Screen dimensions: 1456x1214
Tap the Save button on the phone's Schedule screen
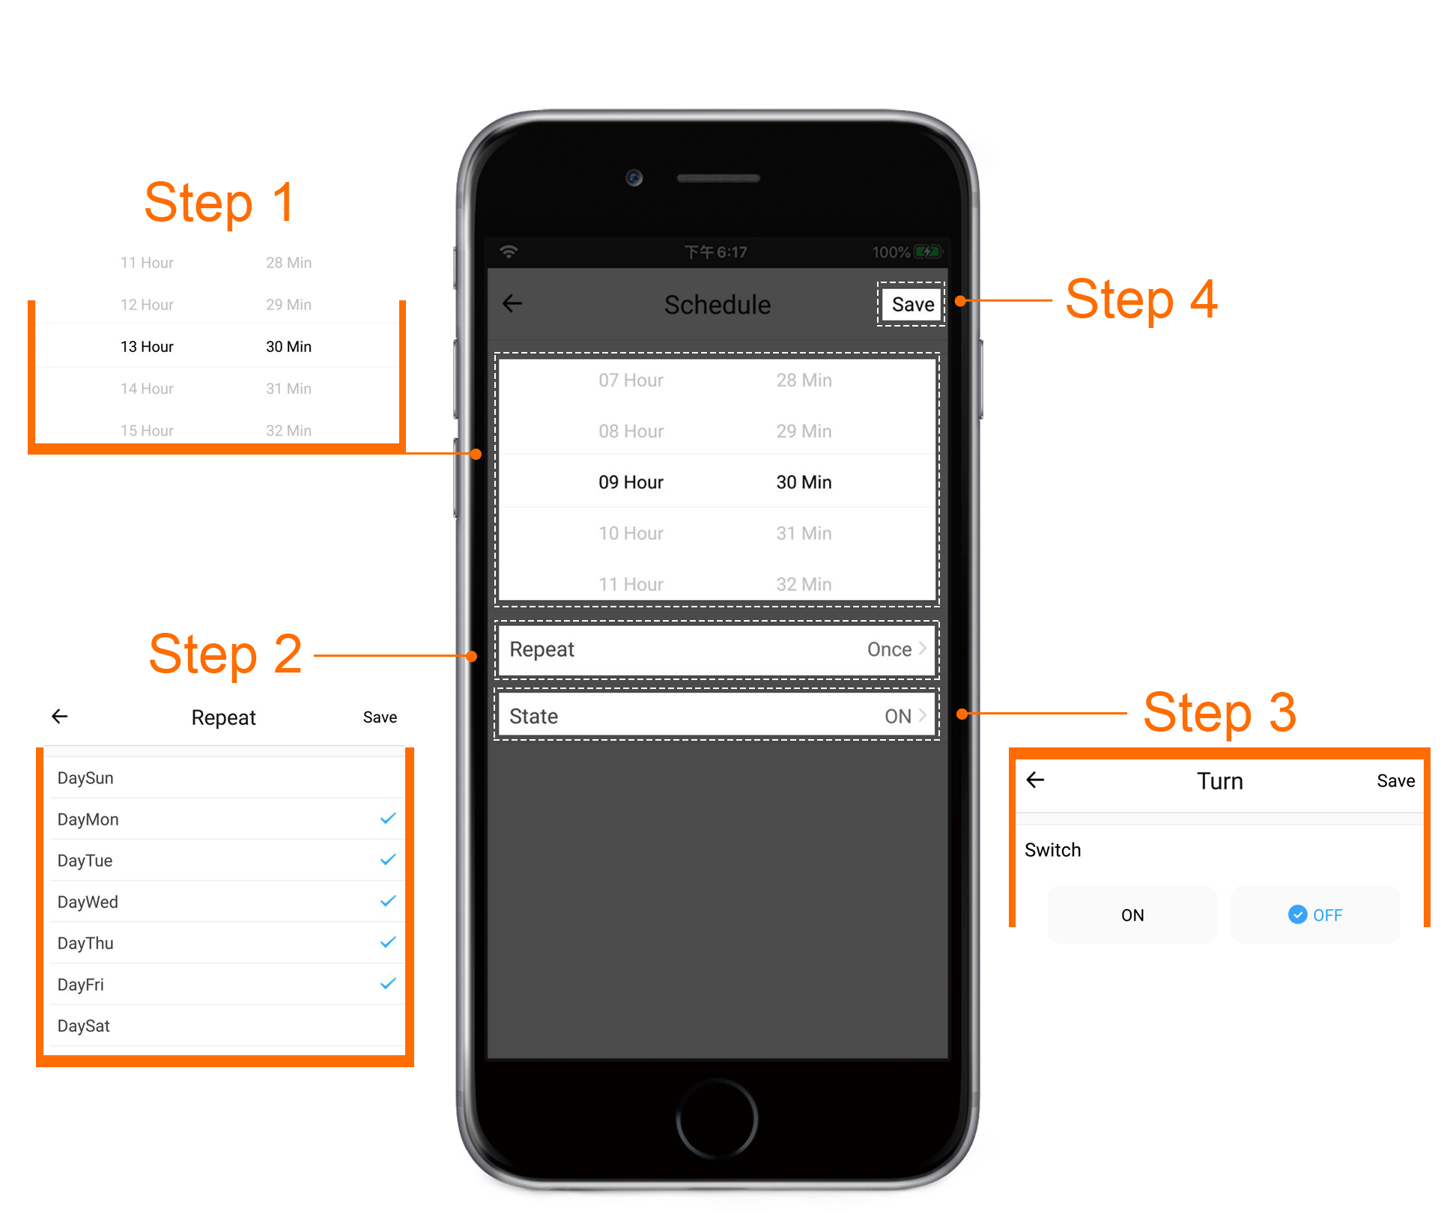tap(911, 304)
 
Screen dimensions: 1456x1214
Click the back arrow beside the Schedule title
tap(512, 303)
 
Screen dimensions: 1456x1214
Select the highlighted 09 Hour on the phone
tap(631, 482)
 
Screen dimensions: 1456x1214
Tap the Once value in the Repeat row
tap(889, 649)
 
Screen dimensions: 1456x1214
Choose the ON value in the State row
tap(897, 717)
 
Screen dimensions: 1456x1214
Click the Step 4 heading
tap(1141, 300)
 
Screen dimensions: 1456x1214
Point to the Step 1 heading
tap(219, 203)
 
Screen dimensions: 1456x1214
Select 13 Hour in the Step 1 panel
tap(147, 347)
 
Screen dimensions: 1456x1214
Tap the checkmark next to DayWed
tap(388, 901)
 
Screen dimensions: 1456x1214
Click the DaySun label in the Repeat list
tap(85, 778)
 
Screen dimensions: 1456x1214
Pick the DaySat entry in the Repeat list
tap(84, 1026)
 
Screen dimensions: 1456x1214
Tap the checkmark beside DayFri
tap(388, 983)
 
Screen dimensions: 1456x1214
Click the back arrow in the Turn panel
tap(1035, 780)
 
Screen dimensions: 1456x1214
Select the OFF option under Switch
tap(1315, 914)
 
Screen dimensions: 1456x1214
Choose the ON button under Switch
tap(1132, 914)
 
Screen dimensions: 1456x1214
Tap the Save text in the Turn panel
tap(1395, 781)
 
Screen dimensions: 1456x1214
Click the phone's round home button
tap(717, 1119)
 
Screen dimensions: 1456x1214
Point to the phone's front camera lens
tap(634, 177)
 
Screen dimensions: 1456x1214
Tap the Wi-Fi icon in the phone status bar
tap(509, 252)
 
